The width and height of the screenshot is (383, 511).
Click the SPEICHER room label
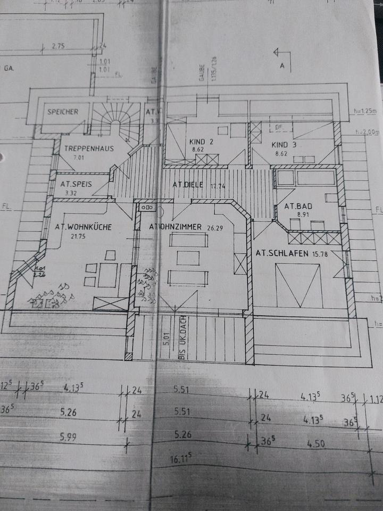coord(63,112)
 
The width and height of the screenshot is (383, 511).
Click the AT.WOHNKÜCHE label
coord(82,227)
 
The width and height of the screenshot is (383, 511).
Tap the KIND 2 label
coord(201,142)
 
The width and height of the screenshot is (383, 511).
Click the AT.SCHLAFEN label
coord(282,253)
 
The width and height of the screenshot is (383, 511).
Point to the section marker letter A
coord(283,66)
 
